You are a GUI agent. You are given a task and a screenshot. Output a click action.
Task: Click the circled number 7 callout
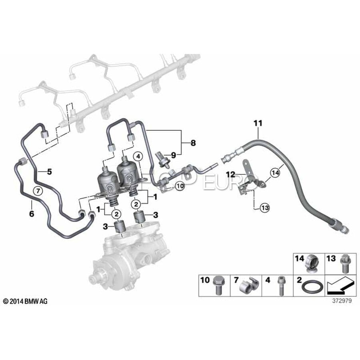click(38, 190)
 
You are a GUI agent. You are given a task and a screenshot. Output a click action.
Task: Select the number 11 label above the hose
click(258, 123)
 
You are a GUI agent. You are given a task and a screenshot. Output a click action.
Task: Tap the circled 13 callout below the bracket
click(265, 208)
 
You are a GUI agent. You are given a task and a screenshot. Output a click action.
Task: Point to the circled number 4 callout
click(138, 157)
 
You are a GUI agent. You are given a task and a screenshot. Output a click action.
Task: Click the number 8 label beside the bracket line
click(193, 143)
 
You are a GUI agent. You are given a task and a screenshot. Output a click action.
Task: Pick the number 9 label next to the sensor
click(174, 156)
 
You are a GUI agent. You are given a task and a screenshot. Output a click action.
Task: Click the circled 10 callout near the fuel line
click(180, 186)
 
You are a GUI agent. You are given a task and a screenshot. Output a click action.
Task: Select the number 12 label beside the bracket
click(231, 175)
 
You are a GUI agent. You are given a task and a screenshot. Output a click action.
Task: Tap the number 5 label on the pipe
click(49, 172)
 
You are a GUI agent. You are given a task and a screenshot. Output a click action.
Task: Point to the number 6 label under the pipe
click(32, 214)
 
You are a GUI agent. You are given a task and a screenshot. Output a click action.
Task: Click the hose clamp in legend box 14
click(312, 264)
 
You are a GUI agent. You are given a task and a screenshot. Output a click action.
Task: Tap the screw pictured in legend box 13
click(344, 264)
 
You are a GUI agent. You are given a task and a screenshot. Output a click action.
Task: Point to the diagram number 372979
click(342, 301)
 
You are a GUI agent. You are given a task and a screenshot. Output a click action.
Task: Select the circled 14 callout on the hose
click(275, 172)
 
